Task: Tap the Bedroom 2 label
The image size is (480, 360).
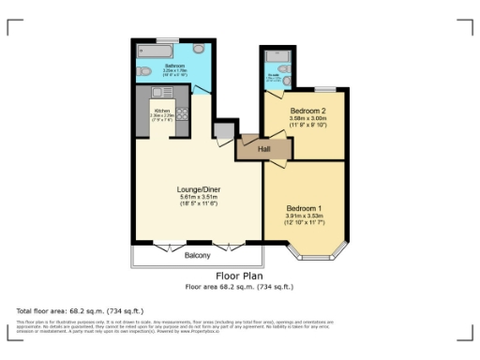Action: tap(307, 111)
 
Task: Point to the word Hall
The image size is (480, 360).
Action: tap(251, 147)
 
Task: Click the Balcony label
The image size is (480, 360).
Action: tap(197, 255)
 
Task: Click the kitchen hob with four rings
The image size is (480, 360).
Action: tap(180, 113)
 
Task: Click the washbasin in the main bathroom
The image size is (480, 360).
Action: tap(200, 49)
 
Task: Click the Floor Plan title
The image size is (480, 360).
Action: tap(239, 277)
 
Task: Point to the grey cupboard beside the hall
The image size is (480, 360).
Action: tap(222, 131)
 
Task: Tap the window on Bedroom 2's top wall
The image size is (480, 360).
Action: tap(328, 91)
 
